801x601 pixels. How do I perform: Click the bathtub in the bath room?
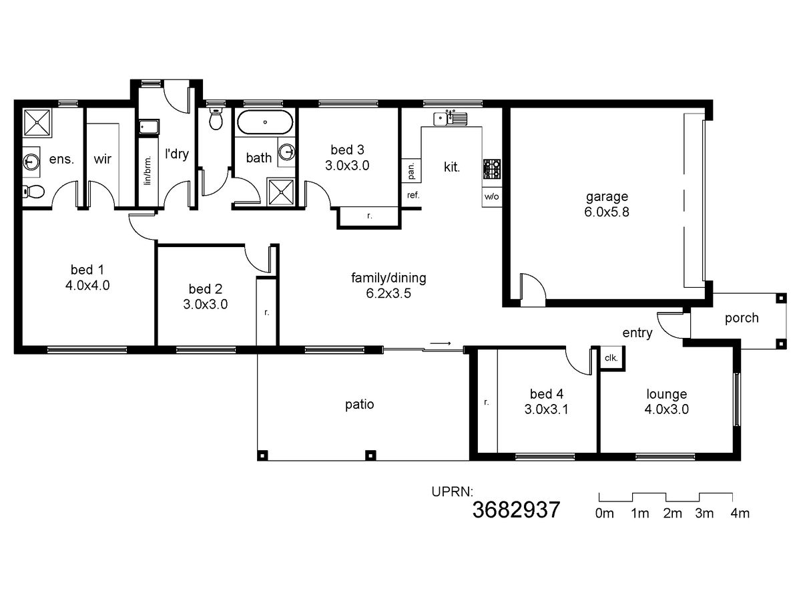tap(265, 122)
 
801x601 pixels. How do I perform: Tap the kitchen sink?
tap(450, 118)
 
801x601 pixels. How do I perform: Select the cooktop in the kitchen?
tap(492, 169)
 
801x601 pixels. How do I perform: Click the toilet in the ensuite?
tap(33, 191)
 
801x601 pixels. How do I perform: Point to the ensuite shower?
tap(37, 123)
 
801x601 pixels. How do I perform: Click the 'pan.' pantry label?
tap(412, 171)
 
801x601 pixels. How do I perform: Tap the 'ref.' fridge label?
tap(413, 195)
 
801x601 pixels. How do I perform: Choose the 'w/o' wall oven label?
tap(491, 197)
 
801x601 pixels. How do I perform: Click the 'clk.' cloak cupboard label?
tap(611, 358)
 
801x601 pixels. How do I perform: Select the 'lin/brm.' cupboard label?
tap(148, 170)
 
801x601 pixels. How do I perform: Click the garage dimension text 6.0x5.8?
tap(607, 212)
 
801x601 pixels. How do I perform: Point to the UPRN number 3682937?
tap(516, 510)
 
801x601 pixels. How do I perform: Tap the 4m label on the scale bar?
tap(740, 514)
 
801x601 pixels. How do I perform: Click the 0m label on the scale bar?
tap(604, 514)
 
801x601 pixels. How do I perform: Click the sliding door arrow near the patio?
tap(441, 343)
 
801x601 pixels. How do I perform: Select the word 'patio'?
tap(359, 405)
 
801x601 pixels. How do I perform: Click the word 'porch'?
tap(742, 319)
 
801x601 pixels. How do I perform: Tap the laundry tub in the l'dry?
tap(149, 128)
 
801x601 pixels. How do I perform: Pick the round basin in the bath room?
tap(287, 152)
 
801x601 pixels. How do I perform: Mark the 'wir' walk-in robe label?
tap(103, 159)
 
